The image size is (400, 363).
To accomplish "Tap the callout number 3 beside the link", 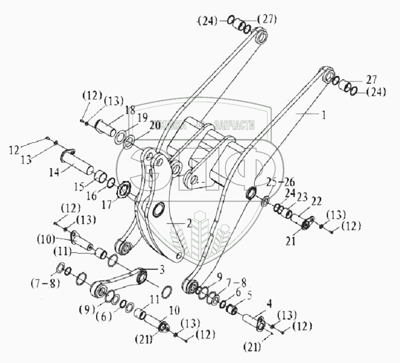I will click(161, 270).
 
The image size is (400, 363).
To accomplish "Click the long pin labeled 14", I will click(79, 163).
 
